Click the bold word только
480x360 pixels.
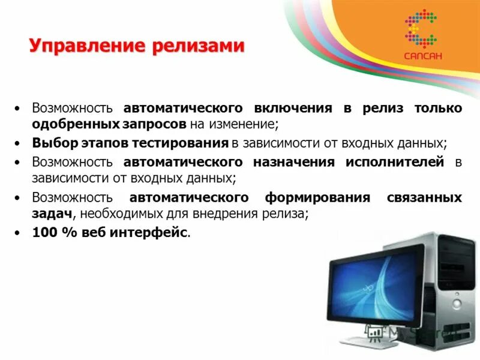(x=438, y=108)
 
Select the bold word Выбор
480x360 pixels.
(x=52, y=144)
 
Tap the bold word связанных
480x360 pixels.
(x=426, y=197)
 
